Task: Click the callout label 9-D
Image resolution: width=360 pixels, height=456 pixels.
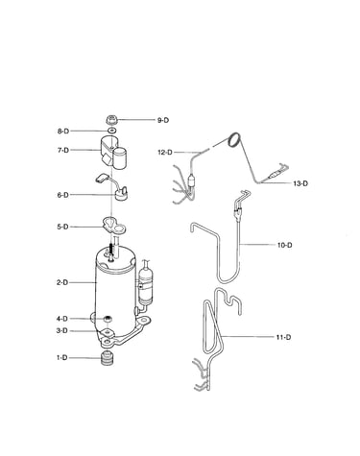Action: point(163,120)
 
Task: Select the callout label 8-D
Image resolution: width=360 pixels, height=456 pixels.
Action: point(63,132)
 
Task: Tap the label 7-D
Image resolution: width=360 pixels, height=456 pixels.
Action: point(63,150)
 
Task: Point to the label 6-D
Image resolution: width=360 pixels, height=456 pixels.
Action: point(63,195)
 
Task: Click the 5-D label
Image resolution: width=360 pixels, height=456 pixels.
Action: point(62,227)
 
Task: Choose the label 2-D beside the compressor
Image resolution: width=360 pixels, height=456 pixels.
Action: point(62,282)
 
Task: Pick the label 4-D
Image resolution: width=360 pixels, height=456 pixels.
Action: point(62,319)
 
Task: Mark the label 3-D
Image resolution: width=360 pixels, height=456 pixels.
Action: point(62,330)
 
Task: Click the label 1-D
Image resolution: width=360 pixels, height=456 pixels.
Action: point(62,358)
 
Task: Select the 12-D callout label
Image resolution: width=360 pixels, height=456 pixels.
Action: point(165,153)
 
